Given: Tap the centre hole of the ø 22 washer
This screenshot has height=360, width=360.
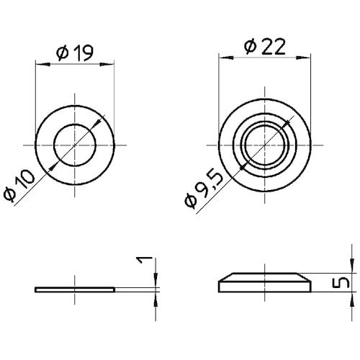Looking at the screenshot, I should click(x=266, y=145).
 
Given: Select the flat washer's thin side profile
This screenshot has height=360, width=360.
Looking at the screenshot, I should click(x=75, y=289).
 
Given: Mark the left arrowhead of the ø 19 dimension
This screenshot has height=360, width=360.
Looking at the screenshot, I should click(x=40, y=65).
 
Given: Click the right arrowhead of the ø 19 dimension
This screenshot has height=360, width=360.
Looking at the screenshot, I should click(x=112, y=65).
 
